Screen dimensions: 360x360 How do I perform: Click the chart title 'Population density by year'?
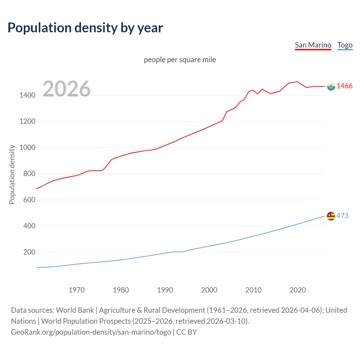85,28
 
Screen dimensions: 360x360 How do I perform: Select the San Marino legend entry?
313,45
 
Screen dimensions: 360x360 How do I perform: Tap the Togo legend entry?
345,45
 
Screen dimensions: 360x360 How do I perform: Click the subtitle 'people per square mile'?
180,60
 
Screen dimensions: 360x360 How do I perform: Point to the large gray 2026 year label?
67,89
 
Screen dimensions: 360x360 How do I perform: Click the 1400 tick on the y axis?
27,95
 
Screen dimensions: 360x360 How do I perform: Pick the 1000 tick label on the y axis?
27,147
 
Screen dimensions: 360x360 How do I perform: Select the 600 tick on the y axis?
29,200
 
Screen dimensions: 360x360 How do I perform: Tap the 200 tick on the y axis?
29,252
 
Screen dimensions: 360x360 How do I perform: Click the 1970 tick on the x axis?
76,290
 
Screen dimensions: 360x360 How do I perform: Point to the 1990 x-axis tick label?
165,290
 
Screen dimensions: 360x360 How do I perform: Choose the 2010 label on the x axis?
253,290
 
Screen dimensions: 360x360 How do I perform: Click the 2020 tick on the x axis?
298,290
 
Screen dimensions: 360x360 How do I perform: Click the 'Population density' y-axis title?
12,174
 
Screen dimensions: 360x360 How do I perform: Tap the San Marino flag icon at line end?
331,86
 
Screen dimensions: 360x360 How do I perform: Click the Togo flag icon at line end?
331,216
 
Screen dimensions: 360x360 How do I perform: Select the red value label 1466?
345,86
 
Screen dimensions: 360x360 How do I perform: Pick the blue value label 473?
342,216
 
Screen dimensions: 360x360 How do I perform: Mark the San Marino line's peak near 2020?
297,82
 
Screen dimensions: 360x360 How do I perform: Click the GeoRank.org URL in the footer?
91,332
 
